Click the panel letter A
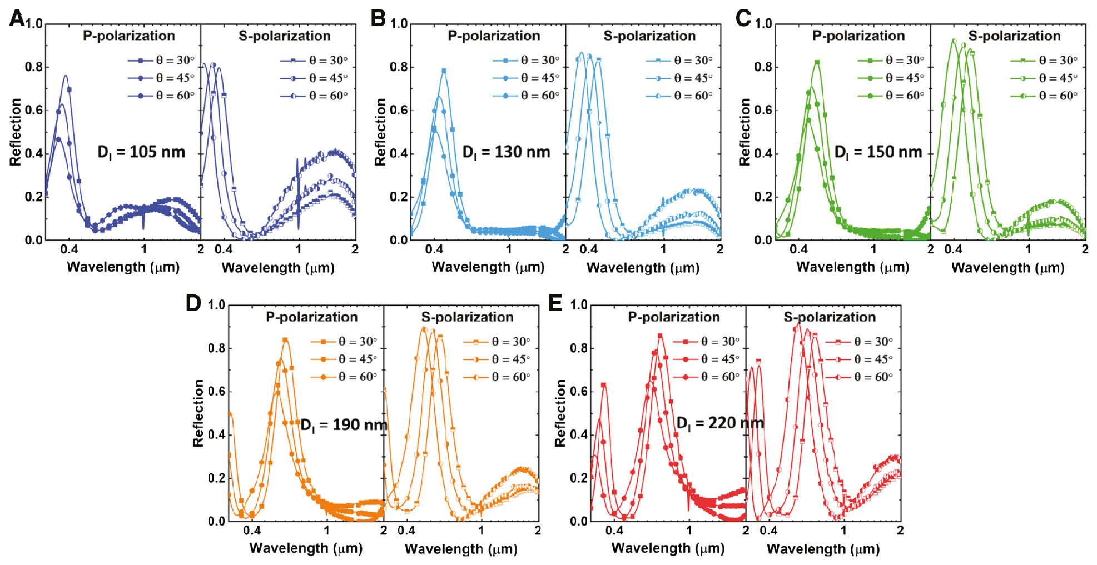(17, 19)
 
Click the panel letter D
(193, 303)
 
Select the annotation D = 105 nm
(141, 152)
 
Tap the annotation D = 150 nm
(878, 152)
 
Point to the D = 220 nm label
(719, 423)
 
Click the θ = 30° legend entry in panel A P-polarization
(161, 60)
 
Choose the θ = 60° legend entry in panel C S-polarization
(1044, 96)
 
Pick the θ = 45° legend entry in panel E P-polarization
(706, 359)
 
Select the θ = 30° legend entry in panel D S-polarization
(497, 341)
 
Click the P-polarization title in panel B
(494, 36)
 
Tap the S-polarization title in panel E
(830, 317)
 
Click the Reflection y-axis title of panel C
(744, 132)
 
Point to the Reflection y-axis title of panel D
(198, 413)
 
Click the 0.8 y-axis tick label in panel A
(33, 67)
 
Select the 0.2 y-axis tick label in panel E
(578, 478)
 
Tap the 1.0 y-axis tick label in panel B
(399, 24)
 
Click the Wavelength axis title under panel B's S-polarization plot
(643, 268)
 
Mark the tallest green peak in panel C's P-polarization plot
(817, 62)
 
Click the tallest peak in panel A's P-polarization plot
(66, 76)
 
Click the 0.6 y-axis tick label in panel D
(216, 392)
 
